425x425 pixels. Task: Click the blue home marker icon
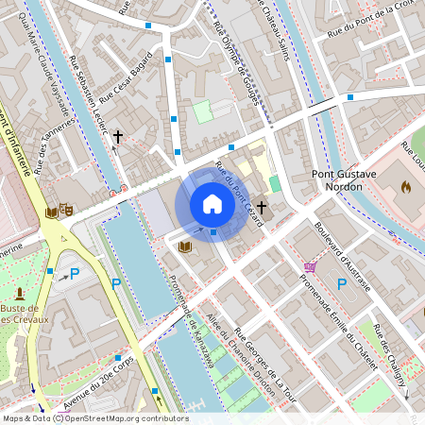point(212,204)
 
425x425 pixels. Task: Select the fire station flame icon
point(407,186)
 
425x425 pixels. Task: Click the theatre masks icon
point(66,209)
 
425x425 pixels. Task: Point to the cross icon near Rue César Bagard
point(118,138)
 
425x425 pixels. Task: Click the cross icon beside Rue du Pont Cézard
point(262,207)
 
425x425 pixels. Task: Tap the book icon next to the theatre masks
point(51,212)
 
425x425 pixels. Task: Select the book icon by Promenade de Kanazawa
point(185,246)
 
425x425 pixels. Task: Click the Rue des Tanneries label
point(54,146)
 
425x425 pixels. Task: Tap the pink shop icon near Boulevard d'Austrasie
point(310,267)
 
